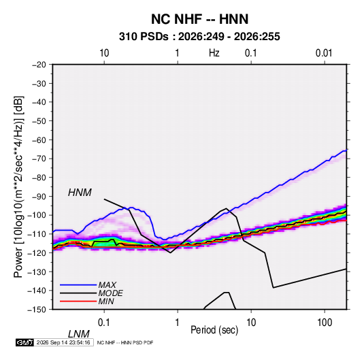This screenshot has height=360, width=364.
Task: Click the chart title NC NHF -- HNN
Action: click(199, 19)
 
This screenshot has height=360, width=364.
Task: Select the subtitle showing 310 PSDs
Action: click(199, 37)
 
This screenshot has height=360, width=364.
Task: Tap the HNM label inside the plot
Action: click(80, 193)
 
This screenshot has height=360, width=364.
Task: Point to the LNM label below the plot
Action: click(78, 334)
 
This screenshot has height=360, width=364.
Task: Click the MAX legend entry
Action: click(107, 284)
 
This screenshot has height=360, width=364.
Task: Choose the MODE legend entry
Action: click(110, 293)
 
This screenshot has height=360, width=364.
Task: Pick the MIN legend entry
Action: click(106, 301)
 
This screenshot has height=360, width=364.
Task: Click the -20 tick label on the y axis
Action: click(39, 65)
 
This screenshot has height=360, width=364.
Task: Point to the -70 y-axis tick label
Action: click(39, 159)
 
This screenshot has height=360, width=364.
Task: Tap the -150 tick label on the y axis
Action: click(37, 310)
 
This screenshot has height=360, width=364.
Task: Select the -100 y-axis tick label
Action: click(37, 215)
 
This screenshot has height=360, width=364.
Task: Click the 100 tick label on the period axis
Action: click(325, 323)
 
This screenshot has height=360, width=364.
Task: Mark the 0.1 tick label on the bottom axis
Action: click(104, 323)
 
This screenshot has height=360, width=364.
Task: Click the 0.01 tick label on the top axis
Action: click(324, 53)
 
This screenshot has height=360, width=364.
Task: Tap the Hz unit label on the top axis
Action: click(214, 53)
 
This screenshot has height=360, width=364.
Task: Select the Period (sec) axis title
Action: click(214, 330)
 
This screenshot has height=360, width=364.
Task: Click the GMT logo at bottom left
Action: click(24, 342)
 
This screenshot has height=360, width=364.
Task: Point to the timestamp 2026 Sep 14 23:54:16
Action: click(63, 342)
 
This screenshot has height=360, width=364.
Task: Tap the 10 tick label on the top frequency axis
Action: click(104, 53)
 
